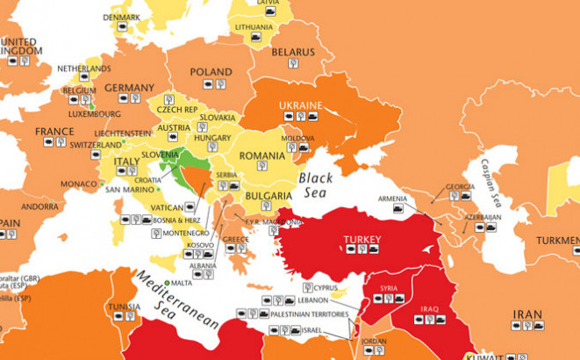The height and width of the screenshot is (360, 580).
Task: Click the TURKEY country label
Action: [361, 238]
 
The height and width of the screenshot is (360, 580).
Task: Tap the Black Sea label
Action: [316, 185]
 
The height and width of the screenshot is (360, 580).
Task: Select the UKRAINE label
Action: [300, 105]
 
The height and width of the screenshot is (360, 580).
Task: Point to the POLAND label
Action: [211, 73]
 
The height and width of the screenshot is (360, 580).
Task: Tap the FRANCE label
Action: [54, 131]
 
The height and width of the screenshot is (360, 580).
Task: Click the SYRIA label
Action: [388, 288]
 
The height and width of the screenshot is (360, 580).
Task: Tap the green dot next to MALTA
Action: [168, 283]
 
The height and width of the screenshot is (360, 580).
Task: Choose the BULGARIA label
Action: [268, 196]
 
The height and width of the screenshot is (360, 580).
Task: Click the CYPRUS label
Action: [326, 287]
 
